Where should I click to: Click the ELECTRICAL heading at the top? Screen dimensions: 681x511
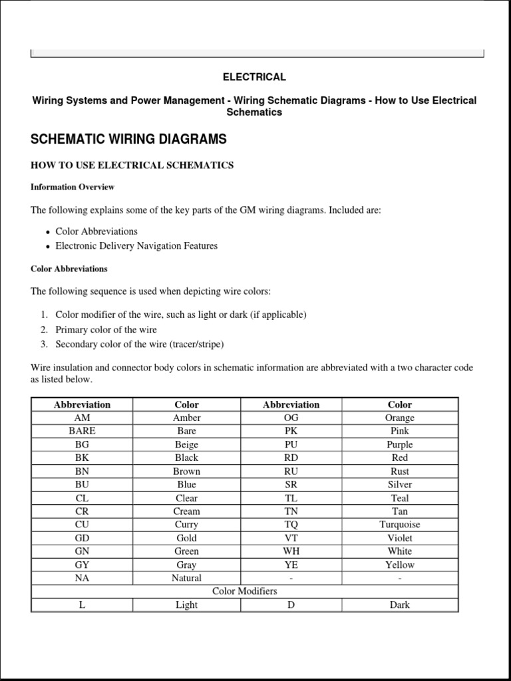[254, 77]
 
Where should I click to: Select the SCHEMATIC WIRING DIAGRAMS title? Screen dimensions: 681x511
[128, 139]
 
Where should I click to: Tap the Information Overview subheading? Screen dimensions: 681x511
[73, 187]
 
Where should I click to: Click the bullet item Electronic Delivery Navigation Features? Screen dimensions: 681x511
[136, 246]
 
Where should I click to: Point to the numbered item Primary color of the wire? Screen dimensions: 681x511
[106, 330]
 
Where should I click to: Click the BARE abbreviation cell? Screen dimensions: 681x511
[82, 431]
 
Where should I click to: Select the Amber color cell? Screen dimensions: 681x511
[186, 418]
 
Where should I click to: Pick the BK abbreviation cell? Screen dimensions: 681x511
[82, 458]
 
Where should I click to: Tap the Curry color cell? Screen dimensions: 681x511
[186, 525]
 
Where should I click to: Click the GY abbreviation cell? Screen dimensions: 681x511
[82, 565]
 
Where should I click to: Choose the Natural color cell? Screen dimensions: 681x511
[186, 578]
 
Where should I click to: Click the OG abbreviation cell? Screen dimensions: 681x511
[291, 418]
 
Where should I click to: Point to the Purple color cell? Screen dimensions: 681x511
[399, 444]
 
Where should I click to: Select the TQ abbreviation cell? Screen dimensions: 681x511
[291, 525]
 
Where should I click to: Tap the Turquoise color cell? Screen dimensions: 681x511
[399, 525]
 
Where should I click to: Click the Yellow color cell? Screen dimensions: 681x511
[399, 565]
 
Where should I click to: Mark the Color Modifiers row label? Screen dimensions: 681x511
[244, 591]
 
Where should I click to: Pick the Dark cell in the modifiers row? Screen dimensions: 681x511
[399, 605]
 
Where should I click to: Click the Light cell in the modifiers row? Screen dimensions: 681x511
[186, 605]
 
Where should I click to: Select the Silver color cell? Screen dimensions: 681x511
[399, 484]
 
